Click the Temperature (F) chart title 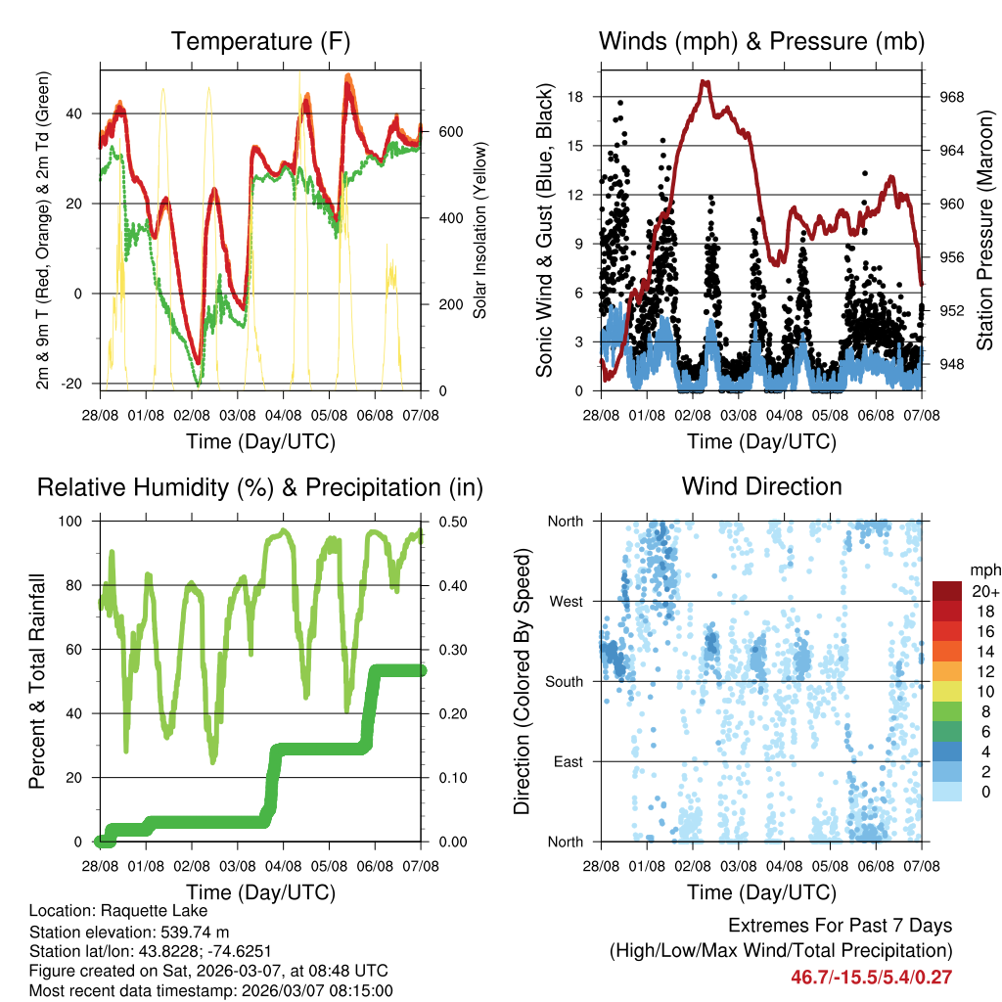[x=260, y=42]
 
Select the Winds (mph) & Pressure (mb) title [x=761, y=42]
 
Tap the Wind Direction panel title [x=761, y=486]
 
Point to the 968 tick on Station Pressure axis [x=951, y=97]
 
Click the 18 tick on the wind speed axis [x=575, y=97]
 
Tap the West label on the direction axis [x=565, y=602]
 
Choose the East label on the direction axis [x=567, y=761]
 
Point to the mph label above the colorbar [x=981, y=569]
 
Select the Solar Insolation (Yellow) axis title [x=480, y=230]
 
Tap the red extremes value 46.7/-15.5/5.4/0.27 [x=871, y=977]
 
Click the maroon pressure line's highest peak [x=704, y=82]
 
